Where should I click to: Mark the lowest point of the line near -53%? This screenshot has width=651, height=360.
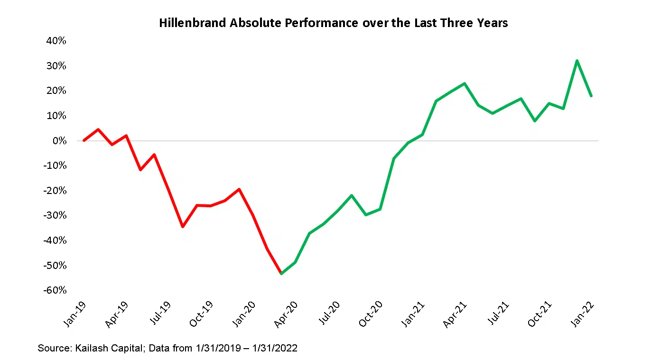tap(281, 274)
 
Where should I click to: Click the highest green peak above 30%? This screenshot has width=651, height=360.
tap(577, 61)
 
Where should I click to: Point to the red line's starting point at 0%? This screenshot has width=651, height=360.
tap(84, 140)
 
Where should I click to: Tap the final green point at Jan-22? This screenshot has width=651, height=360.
tap(591, 96)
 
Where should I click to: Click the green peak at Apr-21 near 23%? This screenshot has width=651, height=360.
tap(465, 83)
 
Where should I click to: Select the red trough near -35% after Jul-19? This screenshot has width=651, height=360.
tap(183, 227)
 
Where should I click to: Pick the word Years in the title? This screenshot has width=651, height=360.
tap(492, 23)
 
